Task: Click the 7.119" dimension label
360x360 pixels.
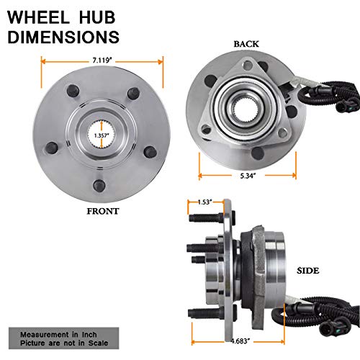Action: [102, 60]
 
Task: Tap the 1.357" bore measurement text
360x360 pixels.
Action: [102, 135]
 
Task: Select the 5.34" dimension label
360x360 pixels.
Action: [248, 176]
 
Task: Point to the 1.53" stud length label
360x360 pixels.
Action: [205, 202]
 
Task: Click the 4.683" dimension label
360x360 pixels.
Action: [240, 341]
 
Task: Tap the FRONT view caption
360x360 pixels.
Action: [103, 211]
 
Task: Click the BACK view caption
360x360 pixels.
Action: [246, 44]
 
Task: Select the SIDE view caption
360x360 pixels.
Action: [308, 271]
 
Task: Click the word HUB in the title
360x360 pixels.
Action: [97, 17]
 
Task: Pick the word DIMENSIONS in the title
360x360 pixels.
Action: [63, 37]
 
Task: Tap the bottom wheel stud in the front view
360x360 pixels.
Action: [99, 186]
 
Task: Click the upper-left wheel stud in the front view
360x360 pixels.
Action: [73, 91]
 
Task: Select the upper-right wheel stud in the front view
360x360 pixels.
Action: [133, 93]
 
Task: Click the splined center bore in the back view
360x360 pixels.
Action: [246, 110]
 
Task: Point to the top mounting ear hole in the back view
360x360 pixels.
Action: [248, 66]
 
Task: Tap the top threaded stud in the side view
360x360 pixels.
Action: [207, 218]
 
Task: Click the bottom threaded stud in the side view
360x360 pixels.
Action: [206, 313]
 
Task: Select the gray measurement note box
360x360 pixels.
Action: [64, 338]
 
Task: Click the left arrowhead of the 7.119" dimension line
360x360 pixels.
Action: [43, 62]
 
